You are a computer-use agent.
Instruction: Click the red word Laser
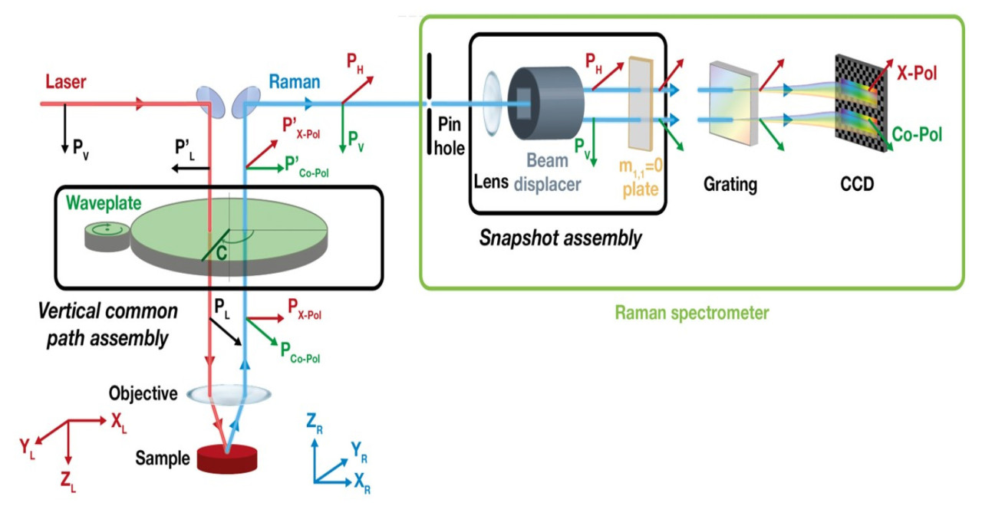(66, 81)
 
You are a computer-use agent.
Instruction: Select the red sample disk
(228, 458)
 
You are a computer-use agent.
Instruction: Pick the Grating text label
(730, 185)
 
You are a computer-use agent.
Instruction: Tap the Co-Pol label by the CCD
(917, 134)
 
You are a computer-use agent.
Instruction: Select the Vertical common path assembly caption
(108, 324)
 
